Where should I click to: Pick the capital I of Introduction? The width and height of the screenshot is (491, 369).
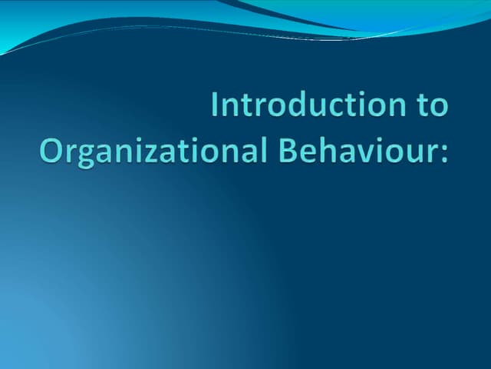(x=216, y=105)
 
